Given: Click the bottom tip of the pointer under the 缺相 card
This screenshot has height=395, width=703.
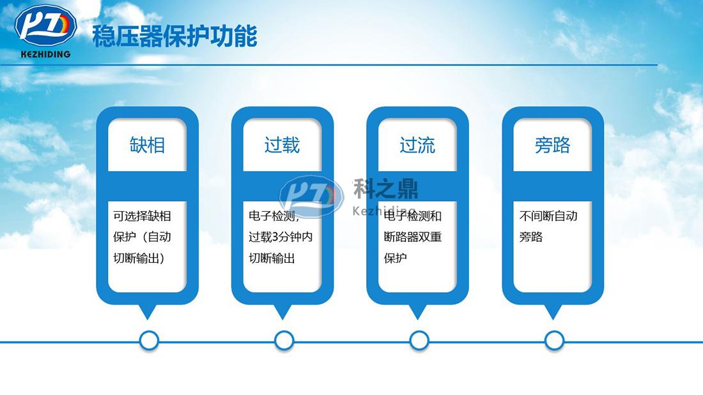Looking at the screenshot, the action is [x=148, y=320].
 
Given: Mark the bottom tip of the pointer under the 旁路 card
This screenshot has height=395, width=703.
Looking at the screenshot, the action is [x=553, y=320].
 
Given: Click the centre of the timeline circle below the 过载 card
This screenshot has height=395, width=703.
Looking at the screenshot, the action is [x=284, y=341].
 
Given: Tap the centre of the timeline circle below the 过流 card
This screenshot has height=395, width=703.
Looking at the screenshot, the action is [x=419, y=341].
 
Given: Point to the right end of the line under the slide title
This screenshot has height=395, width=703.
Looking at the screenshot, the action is [x=657, y=65].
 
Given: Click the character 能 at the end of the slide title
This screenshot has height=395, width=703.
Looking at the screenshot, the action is [x=245, y=36].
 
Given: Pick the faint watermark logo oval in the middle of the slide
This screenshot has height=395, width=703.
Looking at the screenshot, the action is [x=311, y=196].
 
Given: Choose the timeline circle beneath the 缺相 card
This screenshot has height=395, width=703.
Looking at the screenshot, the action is [x=149, y=341].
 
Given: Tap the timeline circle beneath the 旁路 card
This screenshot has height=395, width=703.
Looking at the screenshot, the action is [x=554, y=341].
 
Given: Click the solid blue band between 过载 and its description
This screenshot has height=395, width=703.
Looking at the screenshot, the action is [x=282, y=186].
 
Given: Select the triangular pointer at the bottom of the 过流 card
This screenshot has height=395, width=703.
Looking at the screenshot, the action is [x=417, y=311].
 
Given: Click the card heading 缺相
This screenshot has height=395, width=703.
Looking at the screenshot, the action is [x=148, y=145].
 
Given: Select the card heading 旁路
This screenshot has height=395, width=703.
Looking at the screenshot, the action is [x=552, y=145].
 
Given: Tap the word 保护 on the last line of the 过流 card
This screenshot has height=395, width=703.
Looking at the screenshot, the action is [x=396, y=258].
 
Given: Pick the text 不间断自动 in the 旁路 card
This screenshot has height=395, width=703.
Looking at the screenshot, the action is [x=548, y=216].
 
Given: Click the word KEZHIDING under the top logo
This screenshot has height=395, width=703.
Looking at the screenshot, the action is [x=46, y=54].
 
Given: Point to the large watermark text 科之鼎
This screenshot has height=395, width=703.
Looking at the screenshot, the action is [x=385, y=188].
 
